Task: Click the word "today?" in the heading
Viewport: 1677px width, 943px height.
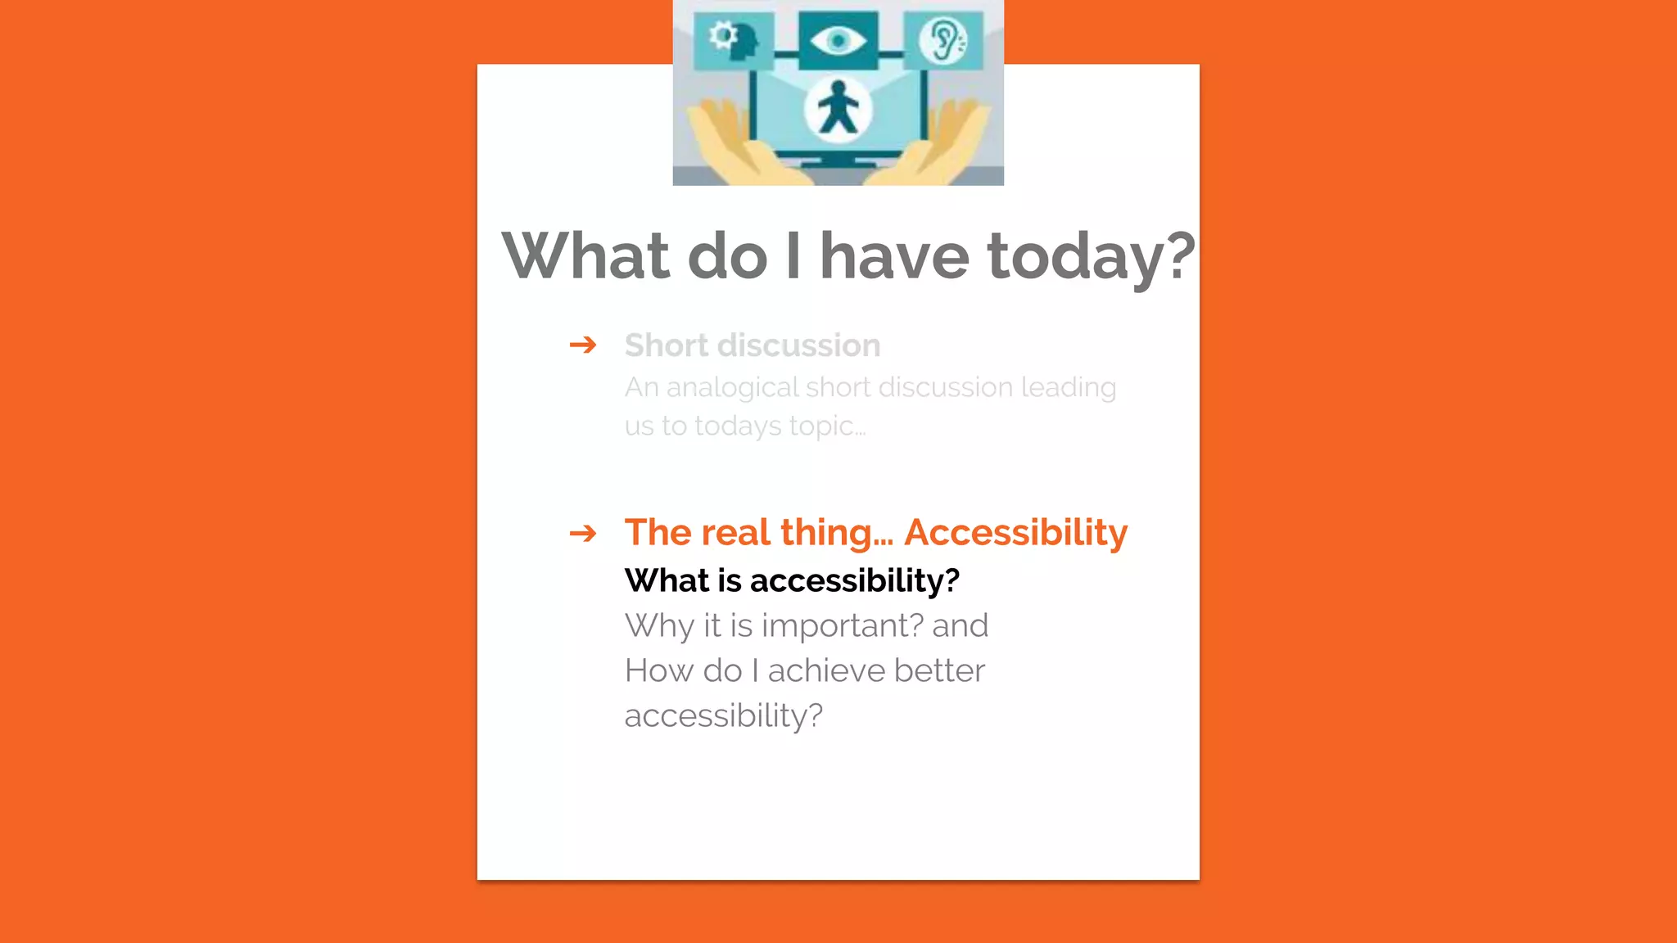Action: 1091,257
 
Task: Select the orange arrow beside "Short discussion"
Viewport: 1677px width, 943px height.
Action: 583,345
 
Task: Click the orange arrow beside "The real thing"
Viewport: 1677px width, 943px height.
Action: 583,534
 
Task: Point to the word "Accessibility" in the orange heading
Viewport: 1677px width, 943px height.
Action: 1015,533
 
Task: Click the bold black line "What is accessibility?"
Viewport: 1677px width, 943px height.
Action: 792,580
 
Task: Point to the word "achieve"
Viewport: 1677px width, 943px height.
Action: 826,670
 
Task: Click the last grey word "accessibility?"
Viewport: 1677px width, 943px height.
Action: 723,716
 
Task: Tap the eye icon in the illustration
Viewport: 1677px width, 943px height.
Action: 838,39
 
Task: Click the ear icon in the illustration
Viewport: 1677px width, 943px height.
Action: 943,39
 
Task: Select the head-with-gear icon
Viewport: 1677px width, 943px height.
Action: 733,40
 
